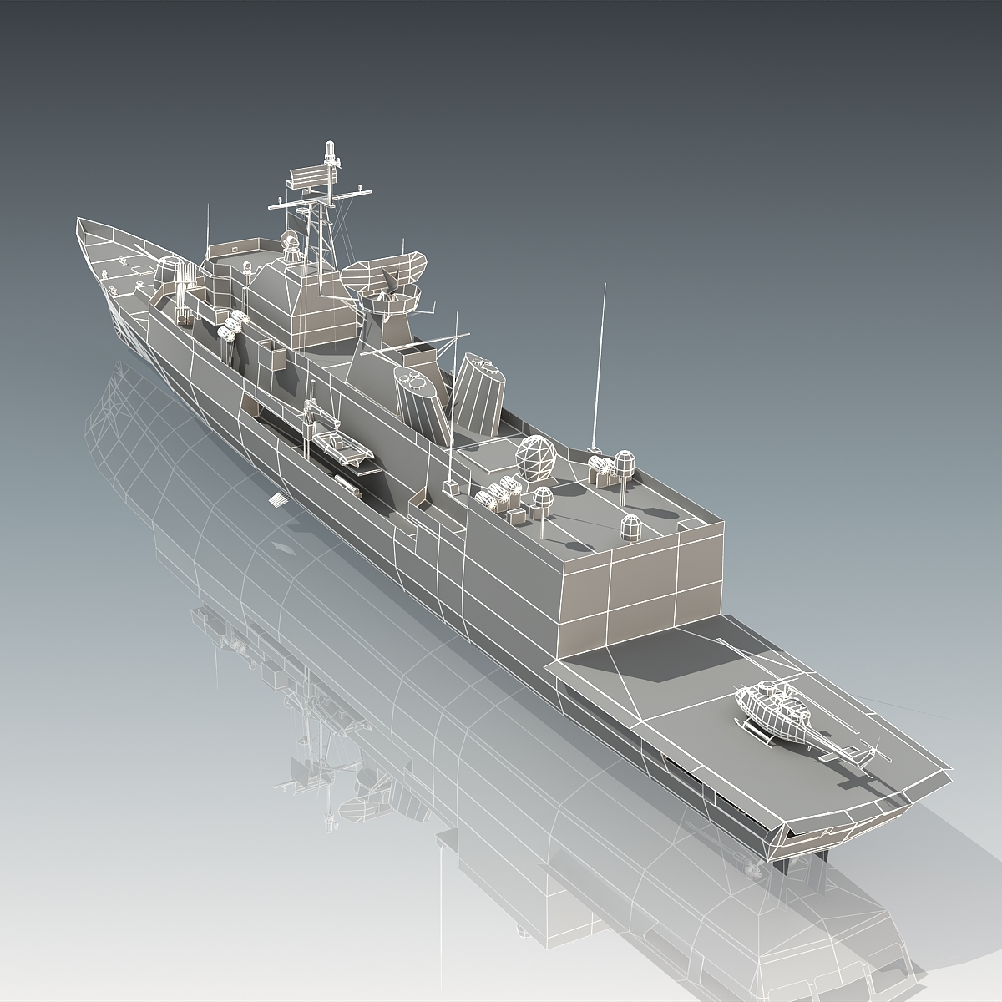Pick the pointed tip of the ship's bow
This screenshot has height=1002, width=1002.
(80, 224)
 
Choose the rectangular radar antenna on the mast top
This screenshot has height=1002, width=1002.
(309, 179)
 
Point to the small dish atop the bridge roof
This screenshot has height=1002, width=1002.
(290, 243)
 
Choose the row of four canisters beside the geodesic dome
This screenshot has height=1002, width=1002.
(494, 495)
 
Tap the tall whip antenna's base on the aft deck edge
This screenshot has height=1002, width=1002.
(592, 447)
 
